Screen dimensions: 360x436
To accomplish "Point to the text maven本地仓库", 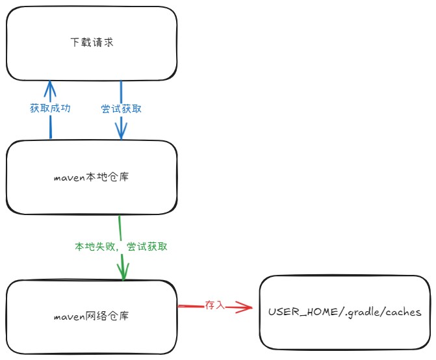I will (x=91, y=177).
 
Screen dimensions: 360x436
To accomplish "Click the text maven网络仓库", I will (x=91, y=317).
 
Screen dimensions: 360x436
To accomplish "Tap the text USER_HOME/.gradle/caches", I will (x=344, y=313).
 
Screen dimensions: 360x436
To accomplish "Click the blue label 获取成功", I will (x=50, y=109).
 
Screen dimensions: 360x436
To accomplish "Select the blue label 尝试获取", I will (x=121, y=109).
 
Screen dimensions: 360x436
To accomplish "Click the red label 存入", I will (x=214, y=304).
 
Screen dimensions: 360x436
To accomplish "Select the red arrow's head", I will (x=246, y=307).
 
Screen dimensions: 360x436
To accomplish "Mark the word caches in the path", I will (x=403, y=313).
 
